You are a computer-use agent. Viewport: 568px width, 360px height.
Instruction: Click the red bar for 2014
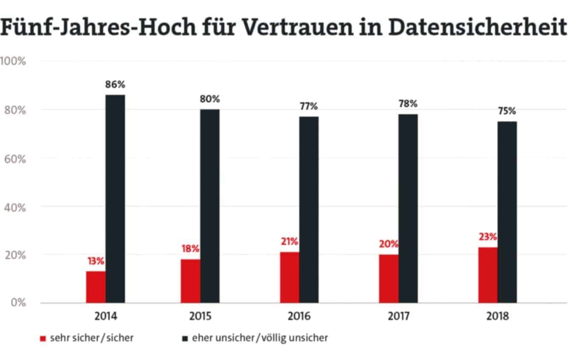pyautogui.click(x=96, y=287)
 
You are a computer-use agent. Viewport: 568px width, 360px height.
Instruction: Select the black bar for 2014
pyautogui.click(x=115, y=199)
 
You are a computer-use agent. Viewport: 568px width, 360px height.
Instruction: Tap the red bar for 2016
pyautogui.click(x=290, y=277)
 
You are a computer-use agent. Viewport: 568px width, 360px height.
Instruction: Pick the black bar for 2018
pyautogui.click(x=507, y=212)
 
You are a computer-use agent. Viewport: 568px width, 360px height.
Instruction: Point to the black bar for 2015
pyautogui.click(x=210, y=206)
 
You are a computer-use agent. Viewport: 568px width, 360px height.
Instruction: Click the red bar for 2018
pyautogui.click(x=487, y=275)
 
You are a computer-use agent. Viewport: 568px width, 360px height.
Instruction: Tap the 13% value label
pyautogui.click(x=96, y=261)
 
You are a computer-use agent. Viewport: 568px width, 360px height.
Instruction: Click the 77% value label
pyautogui.click(x=308, y=106)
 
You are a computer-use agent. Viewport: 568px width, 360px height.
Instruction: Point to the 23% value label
pyautogui.click(x=487, y=237)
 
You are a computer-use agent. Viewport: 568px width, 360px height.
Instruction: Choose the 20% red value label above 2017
pyautogui.click(x=388, y=244)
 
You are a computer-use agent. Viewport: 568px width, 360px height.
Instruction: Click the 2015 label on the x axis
pyautogui.click(x=200, y=316)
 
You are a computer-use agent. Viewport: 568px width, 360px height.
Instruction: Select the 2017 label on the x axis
pyautogui.click(x=398, y=316)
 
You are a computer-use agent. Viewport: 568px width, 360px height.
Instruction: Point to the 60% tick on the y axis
pyautogui.click(x=15, y=159)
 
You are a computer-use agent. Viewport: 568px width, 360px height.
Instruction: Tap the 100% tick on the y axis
pyautogui.click(x=13, y=61)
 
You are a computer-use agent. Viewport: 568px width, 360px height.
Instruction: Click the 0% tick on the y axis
pyautogui.click(x=18, y=303)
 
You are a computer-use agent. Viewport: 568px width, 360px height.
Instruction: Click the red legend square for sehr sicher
pyautogui.click(x=42, y=338)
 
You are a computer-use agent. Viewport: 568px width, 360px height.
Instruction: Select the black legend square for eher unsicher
pyautogui.click(x=184, y=338)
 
